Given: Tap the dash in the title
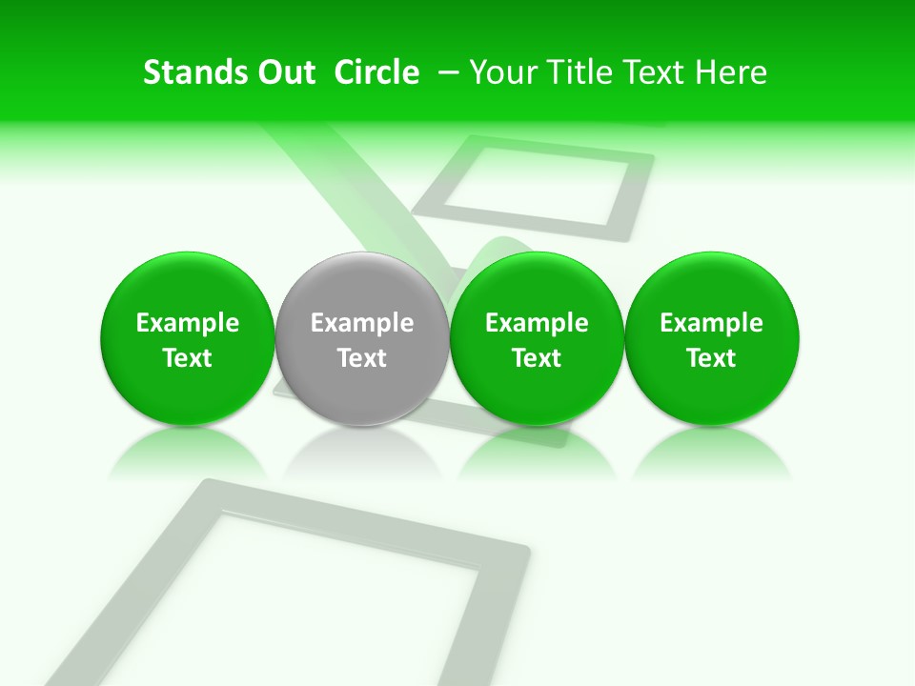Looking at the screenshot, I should click(x=445, y=72).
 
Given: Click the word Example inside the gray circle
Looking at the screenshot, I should click(x=362, y=324).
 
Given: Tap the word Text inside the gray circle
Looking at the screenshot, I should click(x=362, y=358).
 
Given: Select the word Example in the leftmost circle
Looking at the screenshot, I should click(x=188, y=324).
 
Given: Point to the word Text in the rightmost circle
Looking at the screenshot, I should click(x=712, y=358).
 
